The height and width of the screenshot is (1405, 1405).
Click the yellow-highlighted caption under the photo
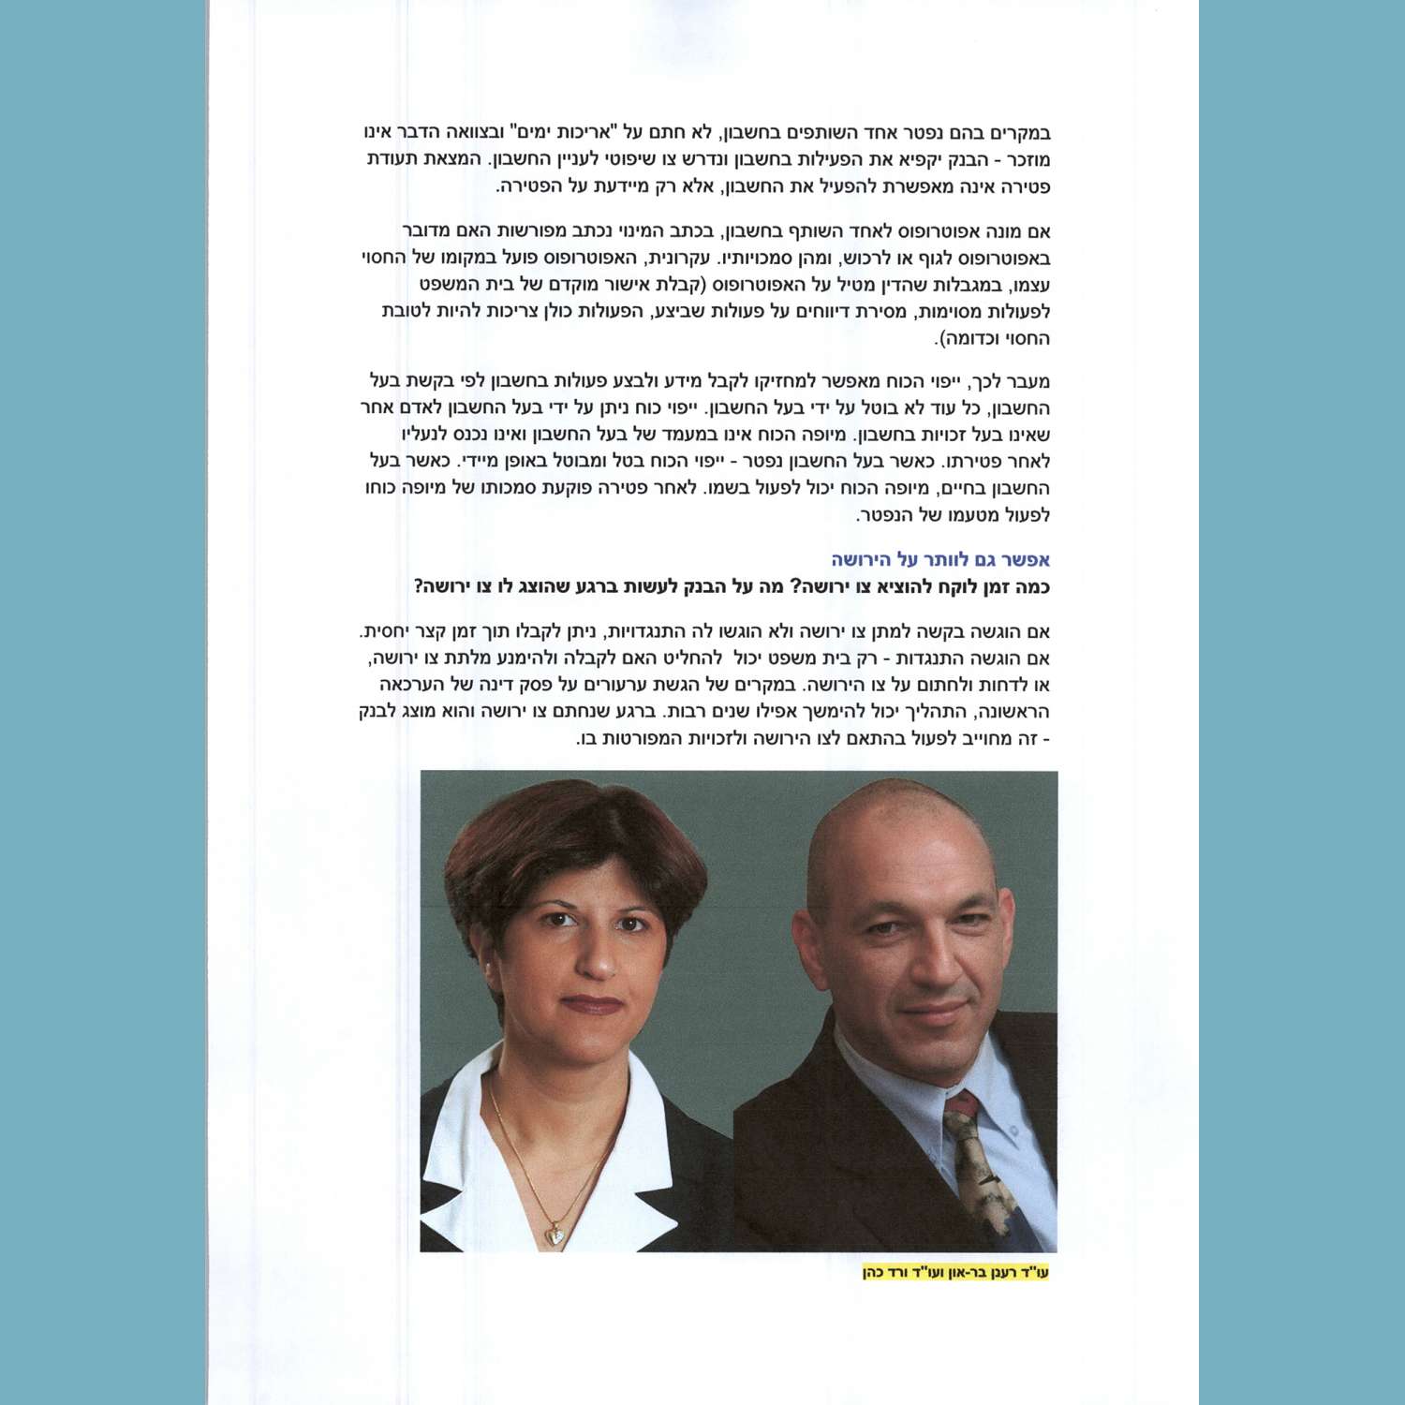pyautogui.click(x=955, y=1273)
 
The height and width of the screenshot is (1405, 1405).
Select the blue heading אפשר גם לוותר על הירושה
pyautogui.click(x=940, y=560)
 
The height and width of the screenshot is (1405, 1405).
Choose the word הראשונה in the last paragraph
pyautogui.click(x=1014, y=712)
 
